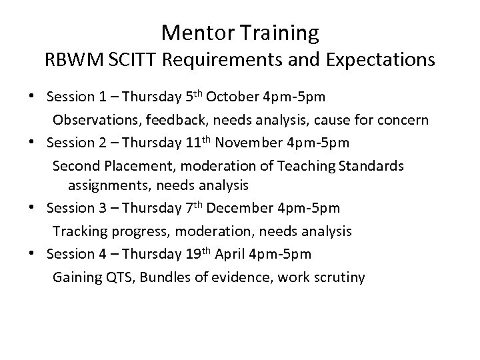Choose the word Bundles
click(164, 277)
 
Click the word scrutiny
click(339, 277)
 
